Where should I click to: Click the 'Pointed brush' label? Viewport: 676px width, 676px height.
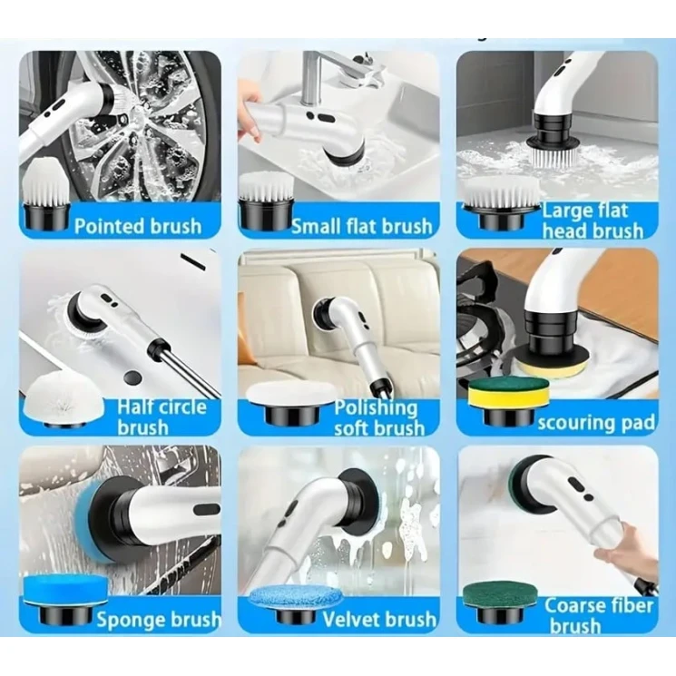[x=138, y=226]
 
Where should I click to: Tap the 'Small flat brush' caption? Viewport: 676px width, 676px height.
[x=362, y=226]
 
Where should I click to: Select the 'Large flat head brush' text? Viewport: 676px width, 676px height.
[x=593, y=221]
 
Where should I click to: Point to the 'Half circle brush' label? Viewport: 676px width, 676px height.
[x=162, y=417]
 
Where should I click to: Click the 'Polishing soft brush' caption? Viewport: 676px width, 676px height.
[x=379, y=417]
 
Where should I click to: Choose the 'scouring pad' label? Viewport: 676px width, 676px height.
[x=596, y=423]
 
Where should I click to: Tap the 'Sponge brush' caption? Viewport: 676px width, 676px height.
[x=159, y=620]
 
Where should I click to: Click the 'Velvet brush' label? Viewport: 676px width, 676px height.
[x=379, y=619]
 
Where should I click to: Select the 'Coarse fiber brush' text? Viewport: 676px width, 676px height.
[x=599, y=615]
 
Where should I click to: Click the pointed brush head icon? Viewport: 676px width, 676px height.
[x=45, y=192]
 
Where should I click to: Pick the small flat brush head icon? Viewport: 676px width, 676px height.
[x=267, y=200]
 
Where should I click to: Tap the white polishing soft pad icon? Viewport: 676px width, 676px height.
[x=291, y=401]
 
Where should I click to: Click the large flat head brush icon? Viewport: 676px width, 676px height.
[x=501, y=201]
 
